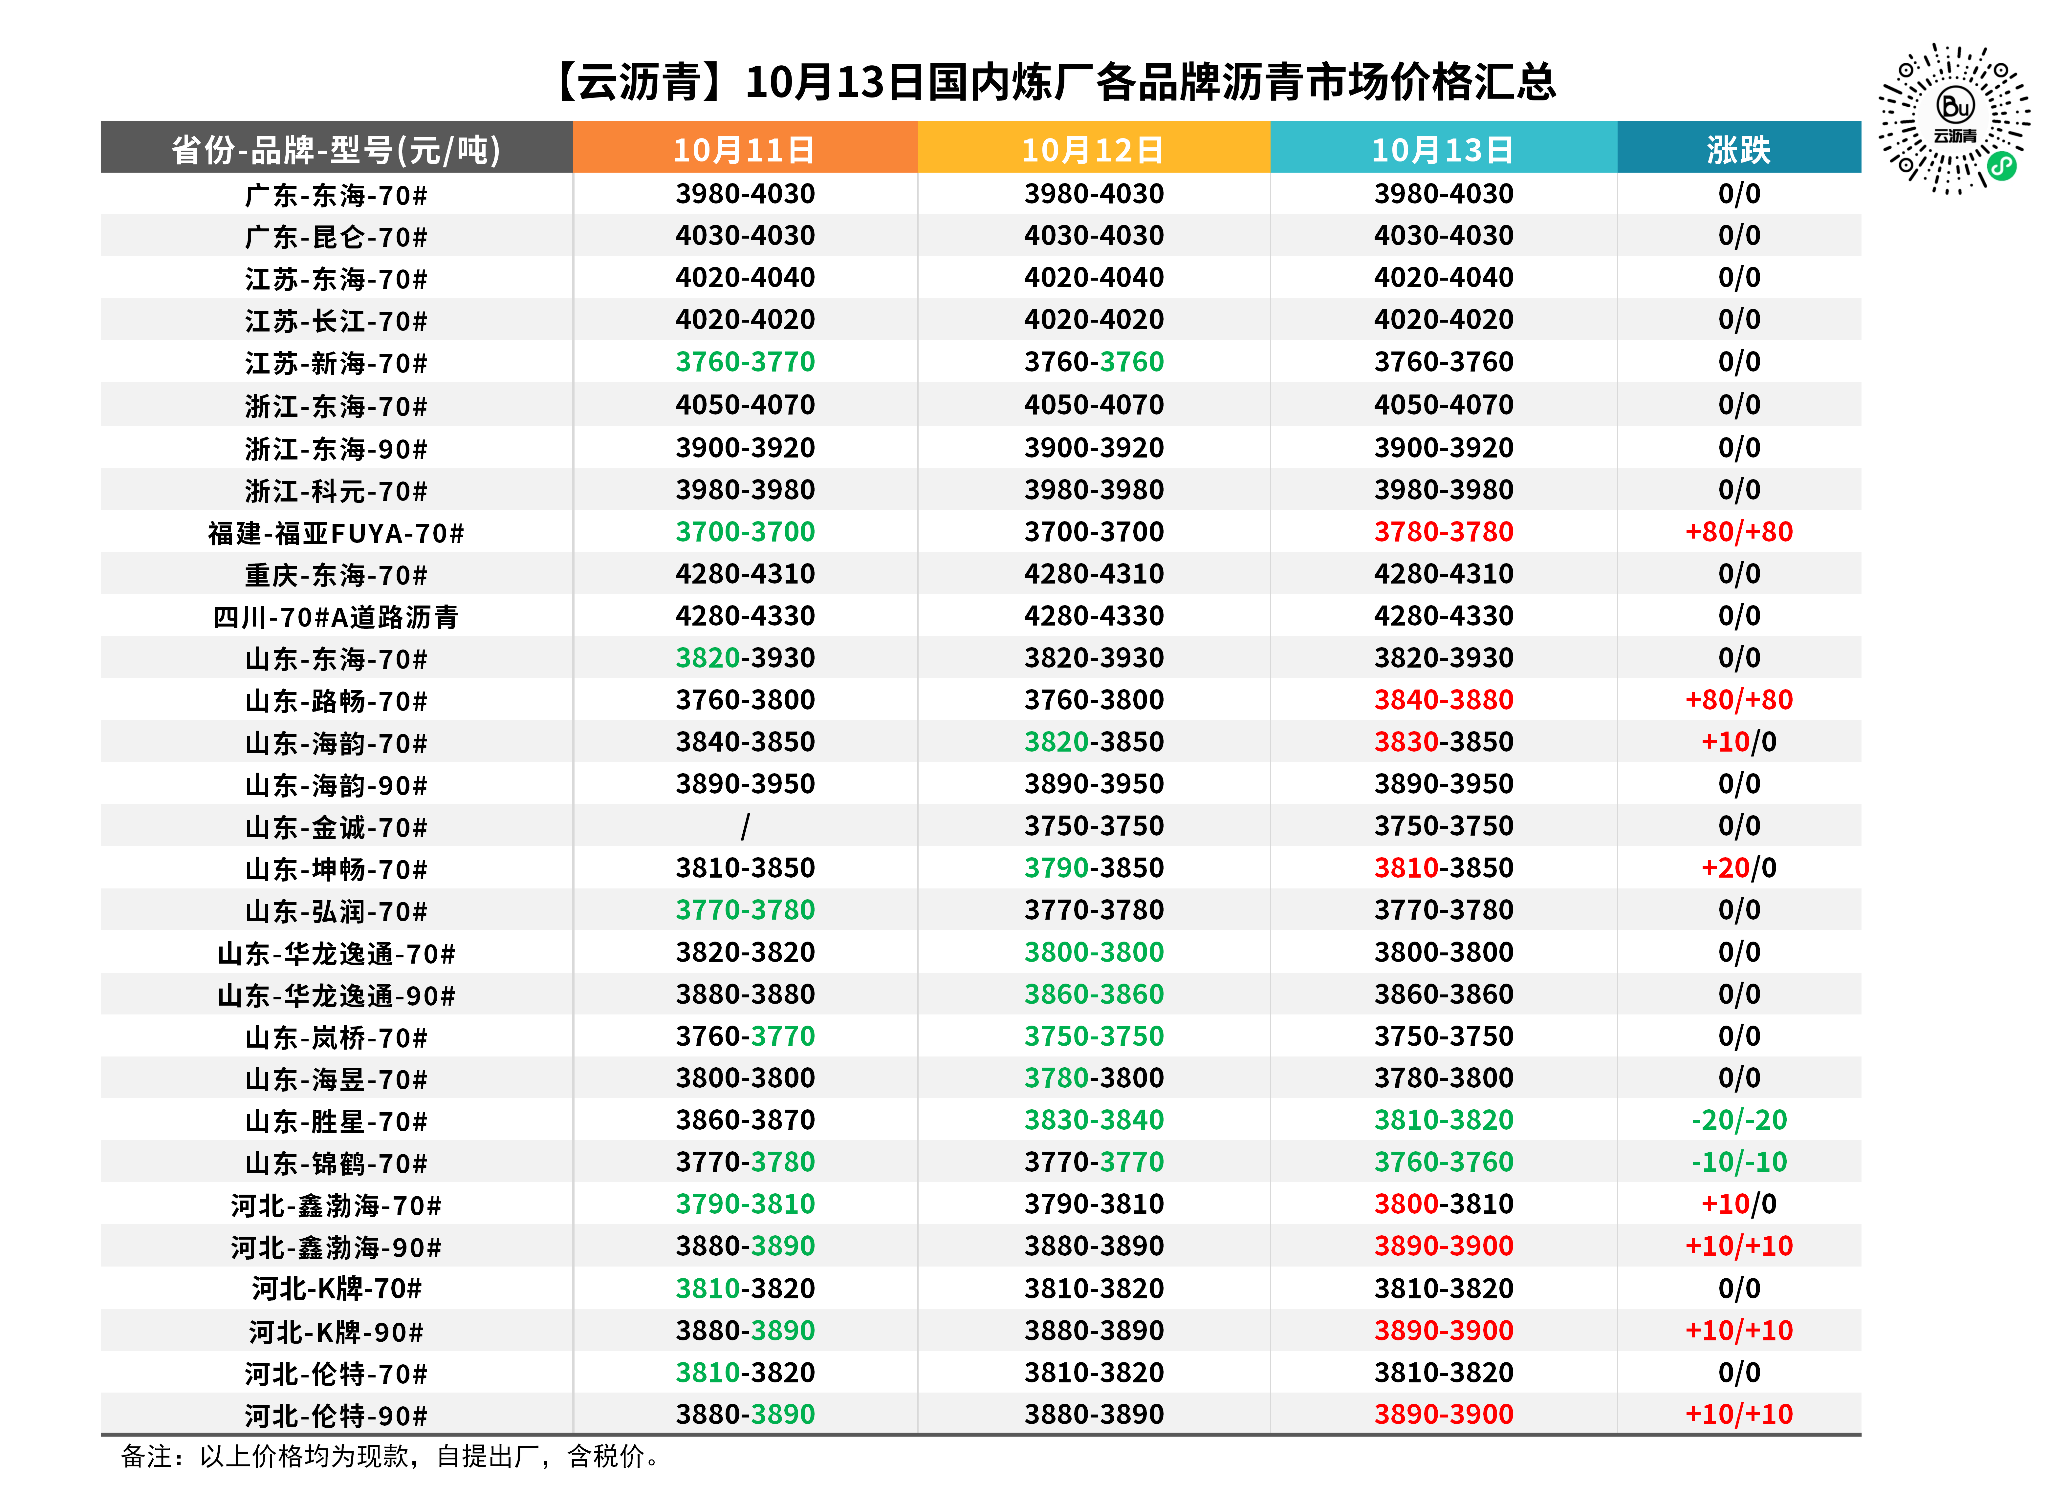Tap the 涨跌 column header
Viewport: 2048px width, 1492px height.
1739,149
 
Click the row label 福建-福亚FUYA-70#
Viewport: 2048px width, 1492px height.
336,533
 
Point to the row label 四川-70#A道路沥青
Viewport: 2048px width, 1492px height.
336,617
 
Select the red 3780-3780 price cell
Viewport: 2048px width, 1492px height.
1444,532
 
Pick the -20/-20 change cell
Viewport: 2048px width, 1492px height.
1739,1120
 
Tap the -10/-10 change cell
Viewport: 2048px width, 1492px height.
1739,1162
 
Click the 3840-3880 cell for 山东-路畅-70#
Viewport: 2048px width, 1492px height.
1444,700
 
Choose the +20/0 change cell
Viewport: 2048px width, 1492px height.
1739,868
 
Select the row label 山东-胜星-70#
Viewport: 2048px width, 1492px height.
336,1122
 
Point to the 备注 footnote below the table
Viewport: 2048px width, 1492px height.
391,1456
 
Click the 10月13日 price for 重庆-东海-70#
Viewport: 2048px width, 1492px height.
1444,573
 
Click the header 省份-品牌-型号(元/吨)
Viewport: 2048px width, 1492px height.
336,149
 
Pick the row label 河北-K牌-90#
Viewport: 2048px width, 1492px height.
336,1332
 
